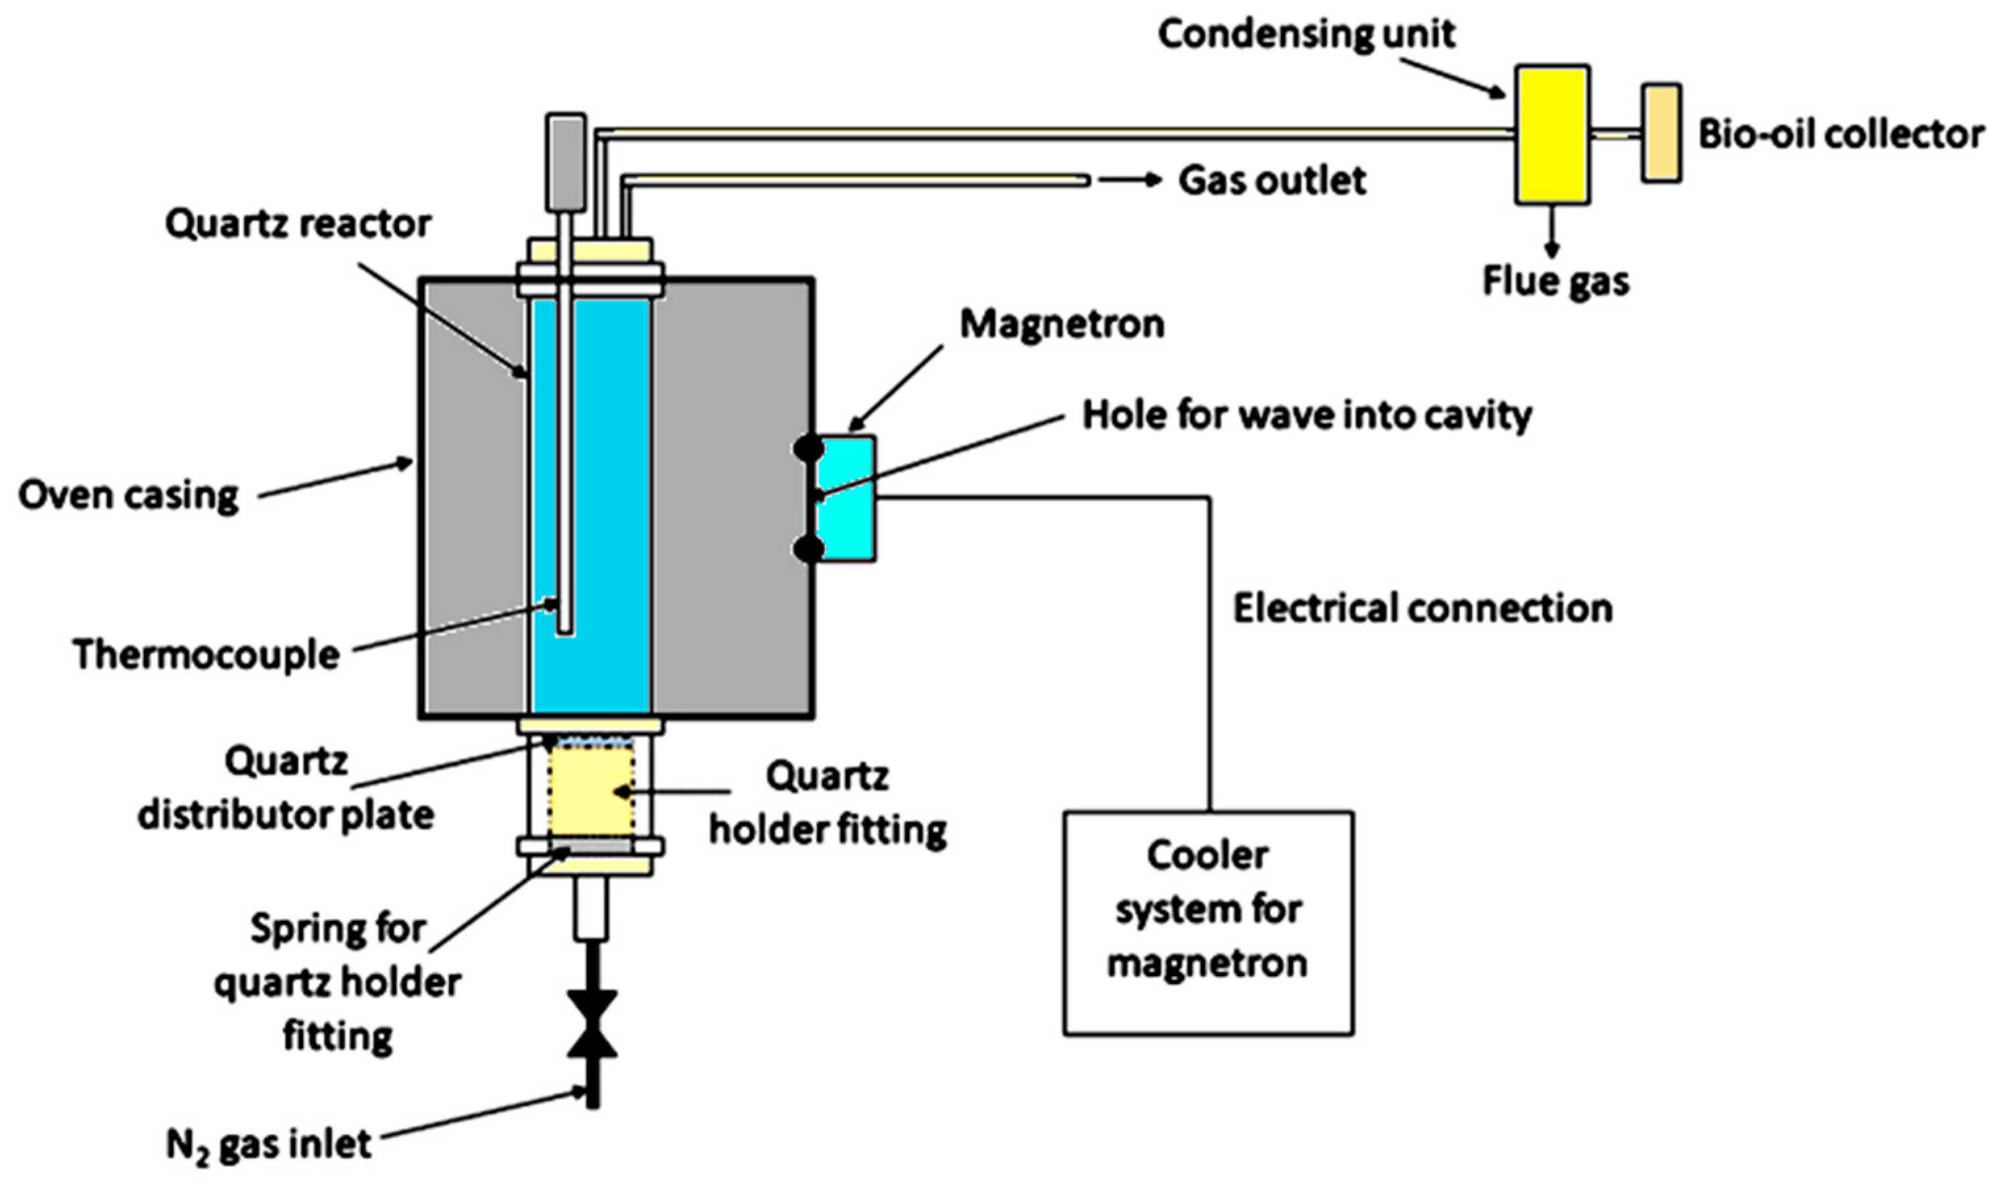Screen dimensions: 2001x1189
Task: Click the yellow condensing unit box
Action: click(1551, 134)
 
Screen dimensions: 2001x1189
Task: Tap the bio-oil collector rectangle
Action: click(1660, 133)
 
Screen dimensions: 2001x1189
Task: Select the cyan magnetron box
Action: click(845, 498)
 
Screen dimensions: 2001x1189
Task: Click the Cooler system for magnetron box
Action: click(1208, 924)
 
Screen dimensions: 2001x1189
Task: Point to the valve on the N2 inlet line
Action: click(592, 1024)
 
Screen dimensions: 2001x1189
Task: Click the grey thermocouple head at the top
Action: click(566, 162)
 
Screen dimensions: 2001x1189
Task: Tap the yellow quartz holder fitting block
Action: click(592, 791)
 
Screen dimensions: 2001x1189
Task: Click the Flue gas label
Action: click(1555, 282)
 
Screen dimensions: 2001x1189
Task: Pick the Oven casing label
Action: click(128, 495)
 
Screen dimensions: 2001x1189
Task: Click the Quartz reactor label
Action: click(298, 224)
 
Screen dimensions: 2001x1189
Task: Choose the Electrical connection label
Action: click(1423, 608)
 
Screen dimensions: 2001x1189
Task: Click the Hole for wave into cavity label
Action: click(1307, 416)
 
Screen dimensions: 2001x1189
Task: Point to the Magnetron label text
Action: click(1062, 325)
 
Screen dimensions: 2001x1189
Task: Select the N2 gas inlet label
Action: click(268, 1145)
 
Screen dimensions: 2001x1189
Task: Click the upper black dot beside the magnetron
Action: click(808, 447)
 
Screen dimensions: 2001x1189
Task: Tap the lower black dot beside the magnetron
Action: click(808, 549)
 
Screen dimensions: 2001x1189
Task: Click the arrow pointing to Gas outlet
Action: click(1129, 180)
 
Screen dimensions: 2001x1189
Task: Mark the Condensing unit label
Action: click(1306, 34)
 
